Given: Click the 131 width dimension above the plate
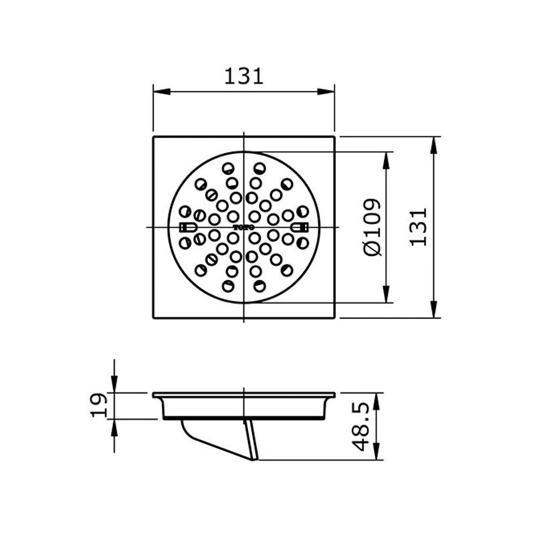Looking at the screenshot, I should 244,76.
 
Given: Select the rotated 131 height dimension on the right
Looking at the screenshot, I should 418,227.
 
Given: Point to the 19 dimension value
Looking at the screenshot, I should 98,406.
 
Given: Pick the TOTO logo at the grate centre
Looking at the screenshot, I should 244,227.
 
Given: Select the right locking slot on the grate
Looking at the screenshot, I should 300,227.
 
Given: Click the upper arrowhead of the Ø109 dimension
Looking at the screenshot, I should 386,156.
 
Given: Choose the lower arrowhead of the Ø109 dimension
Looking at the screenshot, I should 386,298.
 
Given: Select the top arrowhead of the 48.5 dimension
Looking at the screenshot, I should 377,399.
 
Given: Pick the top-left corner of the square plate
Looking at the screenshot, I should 154,137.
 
